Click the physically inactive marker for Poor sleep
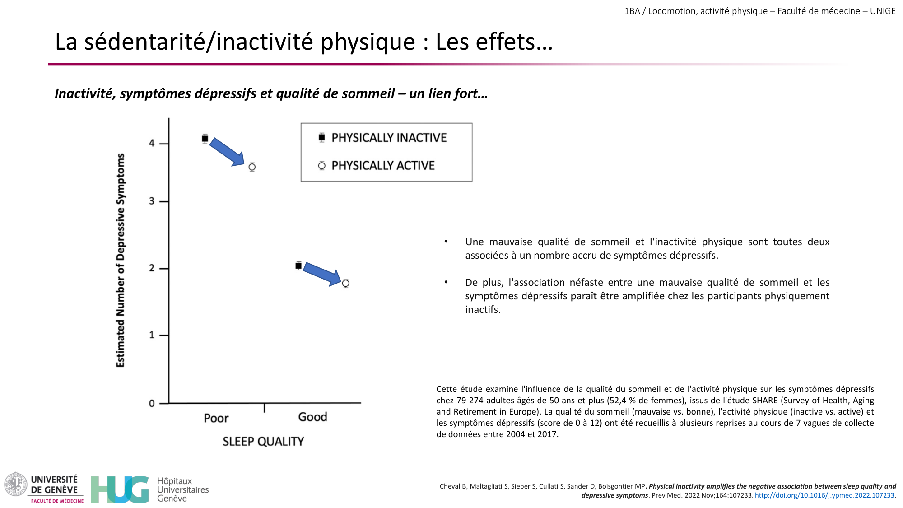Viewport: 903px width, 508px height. [205, 139]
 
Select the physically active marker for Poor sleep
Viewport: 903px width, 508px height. [252, 167]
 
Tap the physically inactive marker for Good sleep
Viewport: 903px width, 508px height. [298, 266]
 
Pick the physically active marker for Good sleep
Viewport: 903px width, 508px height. [345, 284]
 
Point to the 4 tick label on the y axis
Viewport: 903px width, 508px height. [152, 143]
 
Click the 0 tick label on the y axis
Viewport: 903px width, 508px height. [152, 403]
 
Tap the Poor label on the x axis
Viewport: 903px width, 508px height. [216, 418]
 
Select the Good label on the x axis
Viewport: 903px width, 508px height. [312, 417]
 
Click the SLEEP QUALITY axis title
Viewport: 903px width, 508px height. [263, 441]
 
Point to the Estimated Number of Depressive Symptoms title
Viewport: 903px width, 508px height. [120, 260]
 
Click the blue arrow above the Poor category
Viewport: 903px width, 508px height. [227, 152]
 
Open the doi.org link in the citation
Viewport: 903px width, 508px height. [824, 495]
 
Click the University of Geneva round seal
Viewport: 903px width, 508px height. [16, 485]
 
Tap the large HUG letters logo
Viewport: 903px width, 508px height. [120, 489]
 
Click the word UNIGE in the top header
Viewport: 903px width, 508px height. [883, 11]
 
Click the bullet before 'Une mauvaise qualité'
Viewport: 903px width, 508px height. [446, 242]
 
